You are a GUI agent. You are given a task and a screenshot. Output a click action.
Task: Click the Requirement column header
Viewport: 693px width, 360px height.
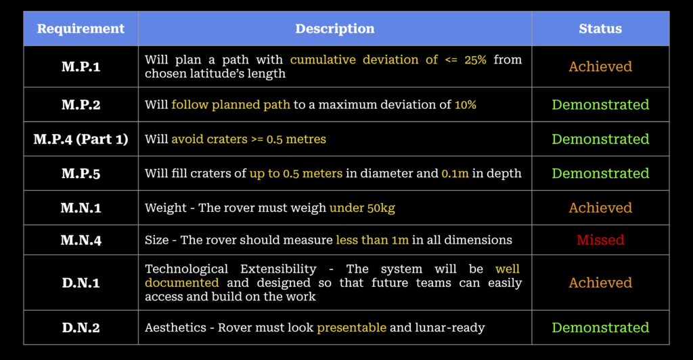(81, 28)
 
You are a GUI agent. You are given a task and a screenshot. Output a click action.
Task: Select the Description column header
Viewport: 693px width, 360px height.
(335, 28)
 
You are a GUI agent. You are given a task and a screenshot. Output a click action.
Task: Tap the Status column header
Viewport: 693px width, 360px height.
(600, 28)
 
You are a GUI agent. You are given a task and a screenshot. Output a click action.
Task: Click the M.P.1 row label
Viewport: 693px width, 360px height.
(81, 67)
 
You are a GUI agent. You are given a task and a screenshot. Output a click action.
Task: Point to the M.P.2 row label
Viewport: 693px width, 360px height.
(81, 105)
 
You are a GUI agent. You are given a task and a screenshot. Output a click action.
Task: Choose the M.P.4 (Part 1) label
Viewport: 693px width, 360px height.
(81, 139)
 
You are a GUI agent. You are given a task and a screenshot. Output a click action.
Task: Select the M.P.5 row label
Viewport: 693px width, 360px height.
(81, 174)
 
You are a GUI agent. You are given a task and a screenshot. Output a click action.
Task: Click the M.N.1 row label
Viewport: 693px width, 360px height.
(81, 208)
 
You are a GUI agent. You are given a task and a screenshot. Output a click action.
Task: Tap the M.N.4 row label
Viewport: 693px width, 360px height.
(81, 240)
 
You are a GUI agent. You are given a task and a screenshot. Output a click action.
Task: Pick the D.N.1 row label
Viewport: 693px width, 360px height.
(81, 283)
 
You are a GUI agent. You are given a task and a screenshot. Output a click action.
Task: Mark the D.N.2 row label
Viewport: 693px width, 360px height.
(81, 328)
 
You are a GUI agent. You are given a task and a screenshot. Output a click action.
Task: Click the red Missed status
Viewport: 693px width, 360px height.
(600, 240)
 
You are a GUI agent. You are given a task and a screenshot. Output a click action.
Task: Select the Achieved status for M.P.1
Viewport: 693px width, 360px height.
(600, 67)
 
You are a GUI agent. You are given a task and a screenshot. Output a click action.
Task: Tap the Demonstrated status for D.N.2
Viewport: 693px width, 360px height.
(600, 328)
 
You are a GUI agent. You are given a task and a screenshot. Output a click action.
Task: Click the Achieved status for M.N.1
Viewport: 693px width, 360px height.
(600, 208)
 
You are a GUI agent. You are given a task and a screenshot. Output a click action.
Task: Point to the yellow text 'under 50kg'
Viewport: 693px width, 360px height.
(362, 208)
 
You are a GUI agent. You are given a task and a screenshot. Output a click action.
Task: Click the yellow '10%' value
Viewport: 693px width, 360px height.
(466, 105)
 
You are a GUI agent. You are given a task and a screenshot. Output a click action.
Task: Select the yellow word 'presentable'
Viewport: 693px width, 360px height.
(351, 328)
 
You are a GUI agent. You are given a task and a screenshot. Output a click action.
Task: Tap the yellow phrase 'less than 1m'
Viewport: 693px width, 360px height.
(372, 240)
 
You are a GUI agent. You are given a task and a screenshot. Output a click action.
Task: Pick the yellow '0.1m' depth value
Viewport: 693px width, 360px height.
(455, 174)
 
